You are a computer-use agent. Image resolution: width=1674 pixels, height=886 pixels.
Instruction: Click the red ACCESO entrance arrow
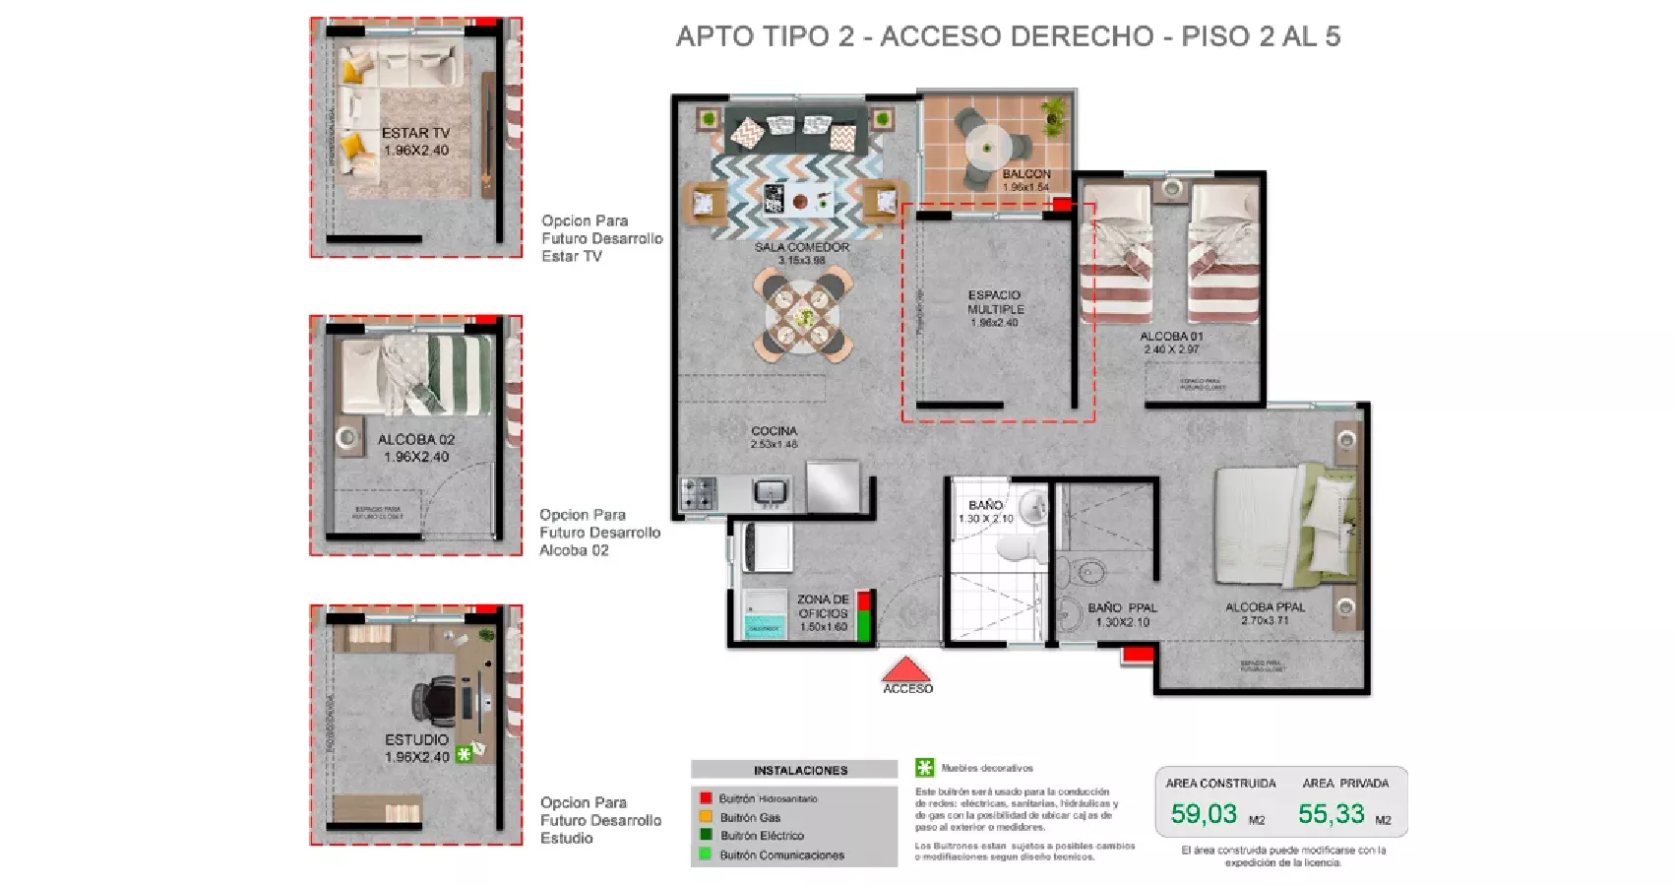click(906, 670)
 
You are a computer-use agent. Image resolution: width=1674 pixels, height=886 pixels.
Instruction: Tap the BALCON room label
click(1025, 174)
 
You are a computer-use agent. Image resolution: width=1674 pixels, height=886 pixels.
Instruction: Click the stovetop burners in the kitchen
click(699, 492)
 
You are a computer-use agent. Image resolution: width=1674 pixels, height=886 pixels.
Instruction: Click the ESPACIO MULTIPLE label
click(995, 302)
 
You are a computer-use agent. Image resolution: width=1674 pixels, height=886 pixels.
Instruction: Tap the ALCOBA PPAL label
click(1265, 607)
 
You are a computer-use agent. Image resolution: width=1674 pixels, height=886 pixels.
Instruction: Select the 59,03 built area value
click(1203, 814)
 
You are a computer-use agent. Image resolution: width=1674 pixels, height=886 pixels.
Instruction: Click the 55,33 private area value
click(1331, 814)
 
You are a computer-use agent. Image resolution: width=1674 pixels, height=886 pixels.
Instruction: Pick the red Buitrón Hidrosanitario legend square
click(706, 798)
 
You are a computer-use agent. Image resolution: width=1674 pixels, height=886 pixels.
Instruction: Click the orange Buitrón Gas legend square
click(706, 817)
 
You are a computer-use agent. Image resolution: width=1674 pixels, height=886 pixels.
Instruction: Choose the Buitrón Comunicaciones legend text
click(781, 854)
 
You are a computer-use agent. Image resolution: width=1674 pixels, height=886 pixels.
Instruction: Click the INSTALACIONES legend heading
click(800, 771)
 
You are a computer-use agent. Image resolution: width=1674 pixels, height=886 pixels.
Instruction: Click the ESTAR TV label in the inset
click(415, 133)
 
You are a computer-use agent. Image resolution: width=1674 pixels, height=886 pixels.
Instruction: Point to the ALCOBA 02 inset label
click(416, 440)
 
